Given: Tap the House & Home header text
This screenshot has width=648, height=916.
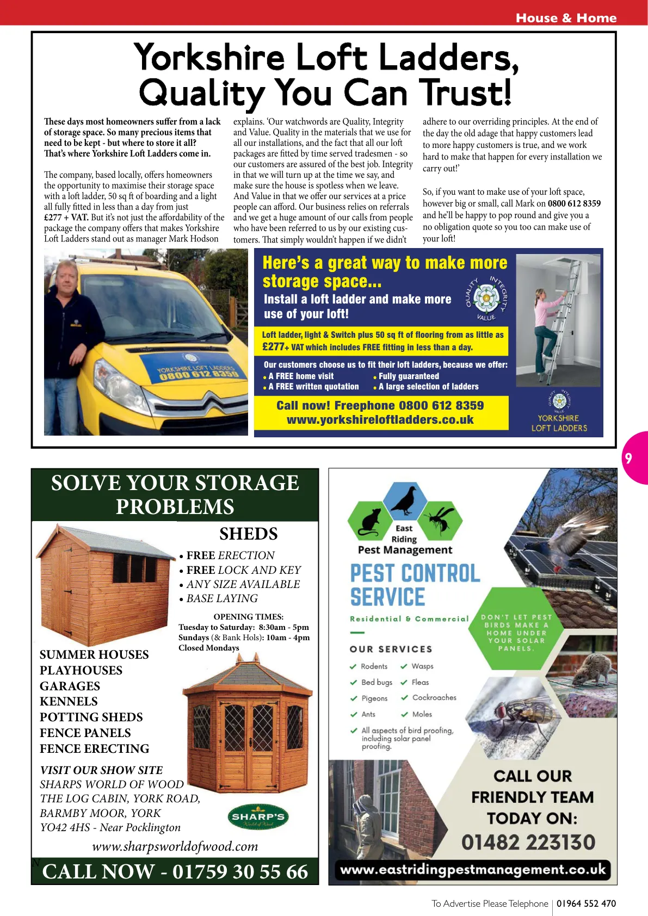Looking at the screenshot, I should (566, 18).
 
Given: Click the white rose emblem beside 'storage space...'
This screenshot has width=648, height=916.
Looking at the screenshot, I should (486, 298).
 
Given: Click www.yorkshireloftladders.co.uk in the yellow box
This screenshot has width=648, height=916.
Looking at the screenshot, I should (380, 420).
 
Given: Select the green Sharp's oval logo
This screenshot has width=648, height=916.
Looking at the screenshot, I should (258, 817).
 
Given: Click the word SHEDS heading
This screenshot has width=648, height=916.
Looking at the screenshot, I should (248, 534).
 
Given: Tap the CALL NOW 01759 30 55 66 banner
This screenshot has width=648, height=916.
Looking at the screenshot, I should (175, 871).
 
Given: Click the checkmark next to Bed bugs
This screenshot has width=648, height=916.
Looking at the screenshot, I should (354, 682).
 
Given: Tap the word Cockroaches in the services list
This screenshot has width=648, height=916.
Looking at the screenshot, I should (434, 697).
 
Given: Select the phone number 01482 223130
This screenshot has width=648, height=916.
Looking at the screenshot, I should (528, 843).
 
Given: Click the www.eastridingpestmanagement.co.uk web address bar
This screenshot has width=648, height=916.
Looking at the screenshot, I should (472, 869).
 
